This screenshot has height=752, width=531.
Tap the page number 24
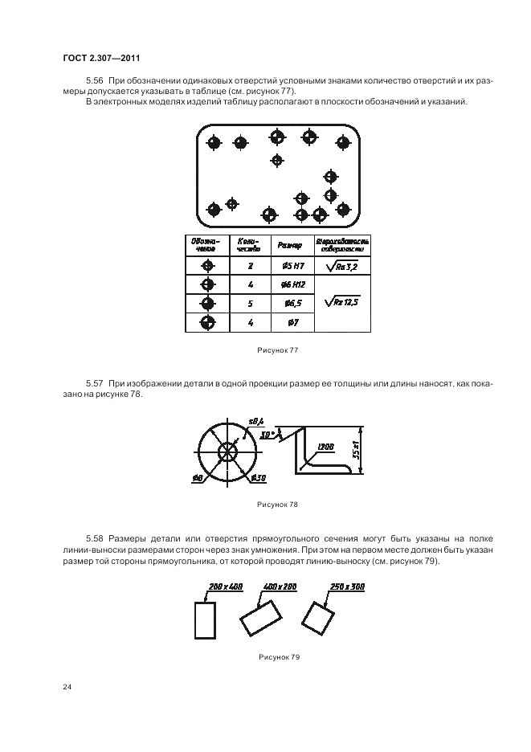point(67,687)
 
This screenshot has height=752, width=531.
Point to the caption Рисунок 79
point(279,657)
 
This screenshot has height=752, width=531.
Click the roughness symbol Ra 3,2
point(342,266)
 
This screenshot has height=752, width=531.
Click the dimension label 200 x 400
point(225,587)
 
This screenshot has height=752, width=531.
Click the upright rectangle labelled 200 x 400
point(205,619)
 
